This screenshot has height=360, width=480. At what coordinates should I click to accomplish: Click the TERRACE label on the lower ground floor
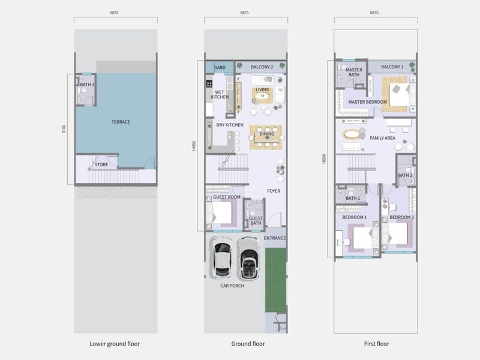[121, 122]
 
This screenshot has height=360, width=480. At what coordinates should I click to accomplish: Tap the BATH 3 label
[87, 85]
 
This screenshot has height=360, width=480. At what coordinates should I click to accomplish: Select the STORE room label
[101, 164]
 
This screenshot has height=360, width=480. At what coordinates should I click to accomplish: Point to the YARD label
[220, 67]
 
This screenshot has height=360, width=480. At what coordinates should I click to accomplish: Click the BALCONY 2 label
[262, 67]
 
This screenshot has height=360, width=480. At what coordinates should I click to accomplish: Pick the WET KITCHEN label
[220, 95]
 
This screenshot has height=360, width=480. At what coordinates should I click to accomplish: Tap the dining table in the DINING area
[266, 138]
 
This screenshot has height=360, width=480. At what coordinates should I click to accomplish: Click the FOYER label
[274, 191]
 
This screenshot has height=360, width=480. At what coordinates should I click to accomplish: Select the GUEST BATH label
[256, 221]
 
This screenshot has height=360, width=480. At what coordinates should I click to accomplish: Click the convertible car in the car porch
[249, 259]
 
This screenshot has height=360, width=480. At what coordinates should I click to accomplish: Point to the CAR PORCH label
[232, 286]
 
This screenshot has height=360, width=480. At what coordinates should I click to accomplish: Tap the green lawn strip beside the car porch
[275, 280]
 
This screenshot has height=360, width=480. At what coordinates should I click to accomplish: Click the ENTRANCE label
[275, 238]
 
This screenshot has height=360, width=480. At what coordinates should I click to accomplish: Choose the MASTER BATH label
[354, 72]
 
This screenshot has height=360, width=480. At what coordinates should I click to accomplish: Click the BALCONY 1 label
[392, 67]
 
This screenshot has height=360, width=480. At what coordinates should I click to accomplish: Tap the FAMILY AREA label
[382, 138]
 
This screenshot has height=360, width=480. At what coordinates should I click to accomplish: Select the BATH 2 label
[406, 175]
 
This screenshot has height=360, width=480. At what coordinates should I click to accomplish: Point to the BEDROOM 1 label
[355, 217]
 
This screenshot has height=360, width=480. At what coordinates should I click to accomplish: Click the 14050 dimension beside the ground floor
[193, 146]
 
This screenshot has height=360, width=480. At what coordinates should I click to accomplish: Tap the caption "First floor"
[377, 344]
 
